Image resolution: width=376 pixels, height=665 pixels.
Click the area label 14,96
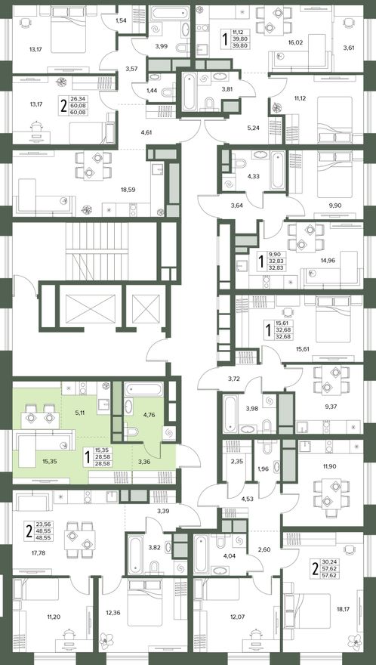328,261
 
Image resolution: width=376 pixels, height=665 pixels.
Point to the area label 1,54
122,20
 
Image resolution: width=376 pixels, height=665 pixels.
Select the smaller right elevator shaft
146,306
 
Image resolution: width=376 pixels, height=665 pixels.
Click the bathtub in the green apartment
143,389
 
